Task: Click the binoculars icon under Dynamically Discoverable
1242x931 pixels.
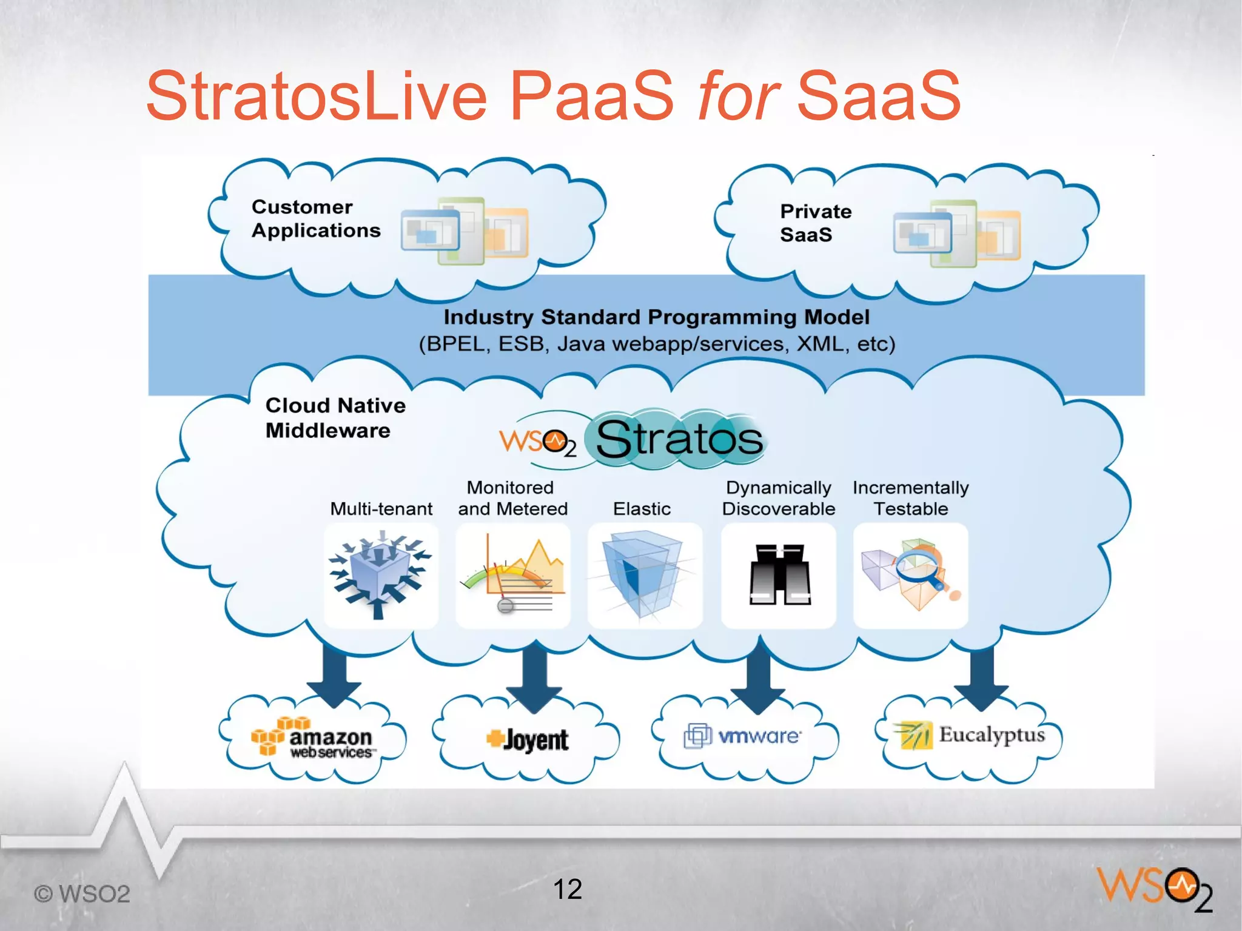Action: point(779,575)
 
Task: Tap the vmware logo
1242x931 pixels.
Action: point(743,736)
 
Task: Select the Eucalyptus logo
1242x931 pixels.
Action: point(970,735)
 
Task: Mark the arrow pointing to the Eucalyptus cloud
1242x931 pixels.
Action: point(981,676)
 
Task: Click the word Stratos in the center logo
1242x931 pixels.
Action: point(679,439)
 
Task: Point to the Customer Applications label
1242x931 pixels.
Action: point(315,218)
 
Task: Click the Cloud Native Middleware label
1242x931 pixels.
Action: point(335,418)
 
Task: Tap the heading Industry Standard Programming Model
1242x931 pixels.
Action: point(656,317)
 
